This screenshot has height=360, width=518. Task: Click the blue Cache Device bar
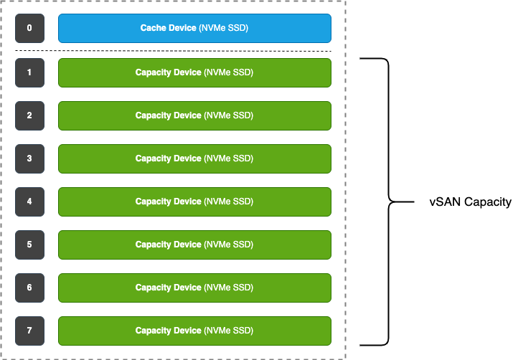(x=194, y=29)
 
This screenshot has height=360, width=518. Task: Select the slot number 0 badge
(x=29, y=29)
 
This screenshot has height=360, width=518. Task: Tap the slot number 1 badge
(x=29, y=72)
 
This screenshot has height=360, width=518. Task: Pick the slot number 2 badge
(x=29, y=115)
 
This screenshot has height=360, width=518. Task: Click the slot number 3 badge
(x=29, y=158)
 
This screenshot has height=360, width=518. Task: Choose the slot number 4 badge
(x=29, y=202)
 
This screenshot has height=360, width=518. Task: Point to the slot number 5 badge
(x=29, y=245)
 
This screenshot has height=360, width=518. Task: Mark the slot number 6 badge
(x=29, y=288)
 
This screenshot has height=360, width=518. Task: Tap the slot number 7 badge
(x=29, y=331)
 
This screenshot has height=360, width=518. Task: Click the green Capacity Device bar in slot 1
(x=194, y=72)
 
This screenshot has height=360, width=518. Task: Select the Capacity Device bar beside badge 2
(x=194, y=115)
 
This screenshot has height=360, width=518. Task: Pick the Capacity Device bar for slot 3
(x=194, y=158)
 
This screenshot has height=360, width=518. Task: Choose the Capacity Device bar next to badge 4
(x=194, y=202)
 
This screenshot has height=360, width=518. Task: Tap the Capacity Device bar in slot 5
(x=194, y=245)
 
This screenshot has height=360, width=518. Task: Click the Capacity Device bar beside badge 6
(x=194, y=288)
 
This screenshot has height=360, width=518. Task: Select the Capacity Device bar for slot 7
(x=194, y=331)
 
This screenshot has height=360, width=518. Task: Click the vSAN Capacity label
(x=470, y=202)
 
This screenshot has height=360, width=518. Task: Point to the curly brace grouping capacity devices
(x=388, y=202)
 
